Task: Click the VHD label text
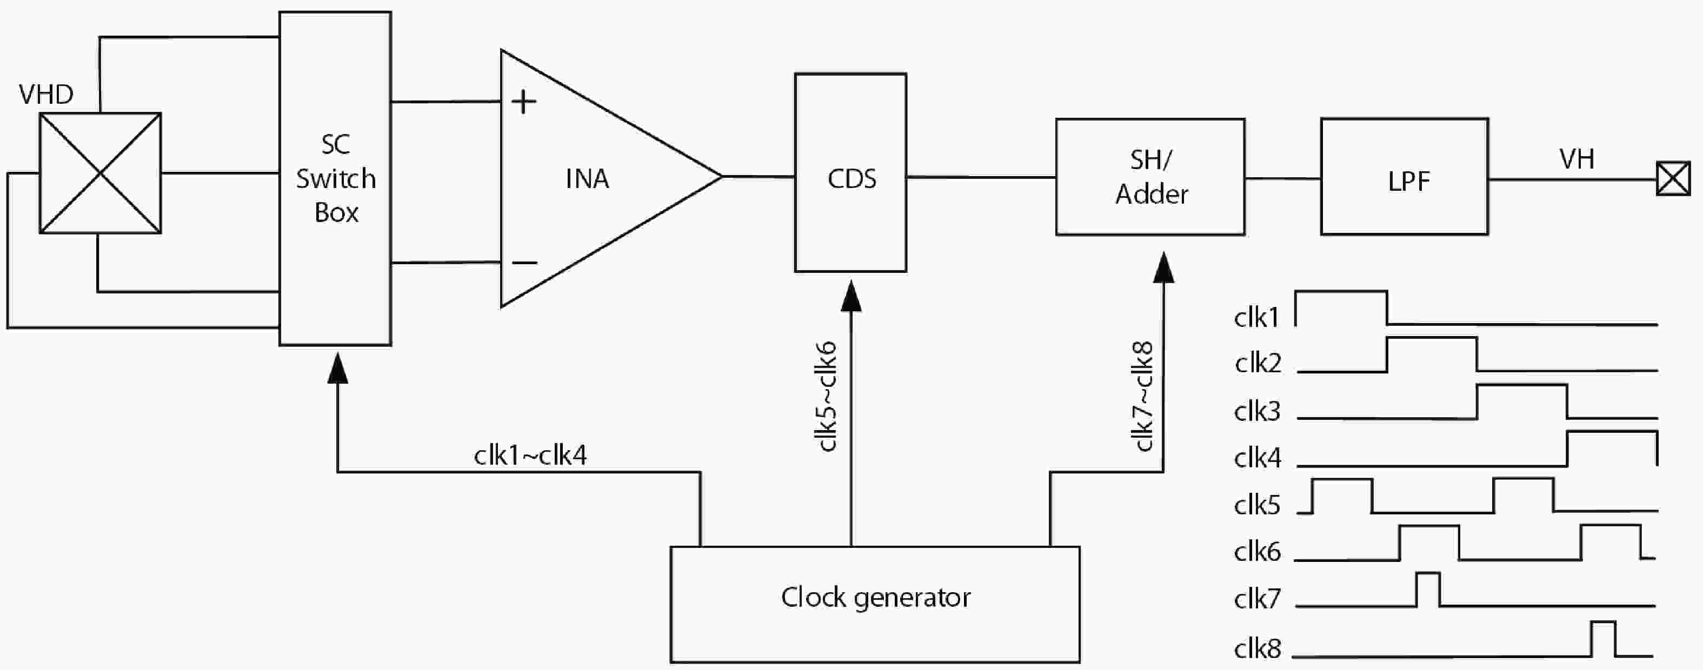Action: click(45, 95)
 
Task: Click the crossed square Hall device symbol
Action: click(100, 173)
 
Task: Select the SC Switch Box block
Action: click(335, 178)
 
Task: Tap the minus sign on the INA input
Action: click(524, 263)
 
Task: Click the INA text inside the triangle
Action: click(587, 179)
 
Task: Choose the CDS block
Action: click(850, 173)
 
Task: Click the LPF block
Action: click(1404, 177)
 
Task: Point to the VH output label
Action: click(1576, 159)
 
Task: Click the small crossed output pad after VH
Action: click(1673, 178)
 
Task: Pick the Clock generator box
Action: click(875, 604)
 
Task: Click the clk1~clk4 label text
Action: click(530, 455)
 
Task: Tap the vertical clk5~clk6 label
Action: click(827, 397)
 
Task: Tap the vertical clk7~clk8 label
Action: click(1143, 397)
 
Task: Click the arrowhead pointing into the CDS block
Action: click(851, 296)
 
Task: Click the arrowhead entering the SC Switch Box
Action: click(338, 368)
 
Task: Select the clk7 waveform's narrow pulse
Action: click(1428, 588)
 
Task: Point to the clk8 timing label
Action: click(1258, 649)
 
